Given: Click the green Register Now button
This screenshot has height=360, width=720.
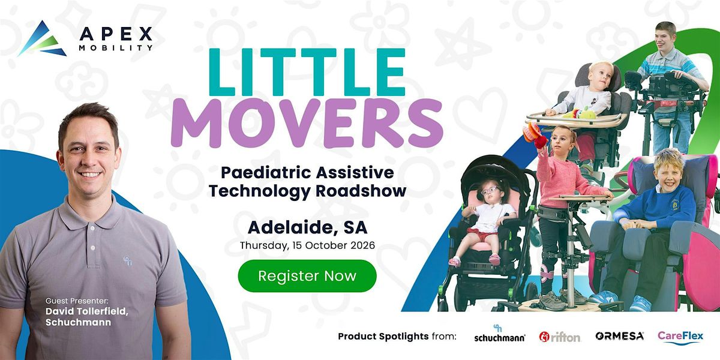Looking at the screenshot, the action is [307, 276].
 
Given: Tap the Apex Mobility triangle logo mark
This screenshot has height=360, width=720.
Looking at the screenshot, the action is [42, 39].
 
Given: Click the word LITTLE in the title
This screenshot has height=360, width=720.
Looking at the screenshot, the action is [307, 72].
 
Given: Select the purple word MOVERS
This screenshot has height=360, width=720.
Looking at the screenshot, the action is [307, 123].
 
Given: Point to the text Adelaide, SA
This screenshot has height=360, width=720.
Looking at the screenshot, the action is [308, 227].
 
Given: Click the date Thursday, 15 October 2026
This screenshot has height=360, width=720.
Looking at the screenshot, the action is [307, 245].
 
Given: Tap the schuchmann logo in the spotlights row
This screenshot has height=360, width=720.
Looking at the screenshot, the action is [499, 334].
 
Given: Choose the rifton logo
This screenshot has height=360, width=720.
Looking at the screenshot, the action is [560, 337].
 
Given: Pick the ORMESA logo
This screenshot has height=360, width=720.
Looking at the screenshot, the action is [619, 336].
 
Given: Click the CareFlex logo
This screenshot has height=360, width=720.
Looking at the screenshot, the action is [680, 337].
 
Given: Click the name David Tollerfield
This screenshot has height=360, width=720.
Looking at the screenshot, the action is [87, 311].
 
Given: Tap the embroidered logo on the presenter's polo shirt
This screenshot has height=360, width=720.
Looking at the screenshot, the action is [128, 260].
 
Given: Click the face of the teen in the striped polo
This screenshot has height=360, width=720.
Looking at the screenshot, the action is [665, 38].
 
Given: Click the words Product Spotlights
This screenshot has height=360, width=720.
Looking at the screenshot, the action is [383, 337].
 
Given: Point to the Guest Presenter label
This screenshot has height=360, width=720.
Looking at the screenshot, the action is [77, 301].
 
